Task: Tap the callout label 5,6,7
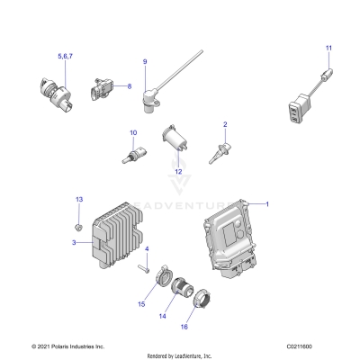click(x=66, y=56)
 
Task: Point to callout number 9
click(x=143, y=60)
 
